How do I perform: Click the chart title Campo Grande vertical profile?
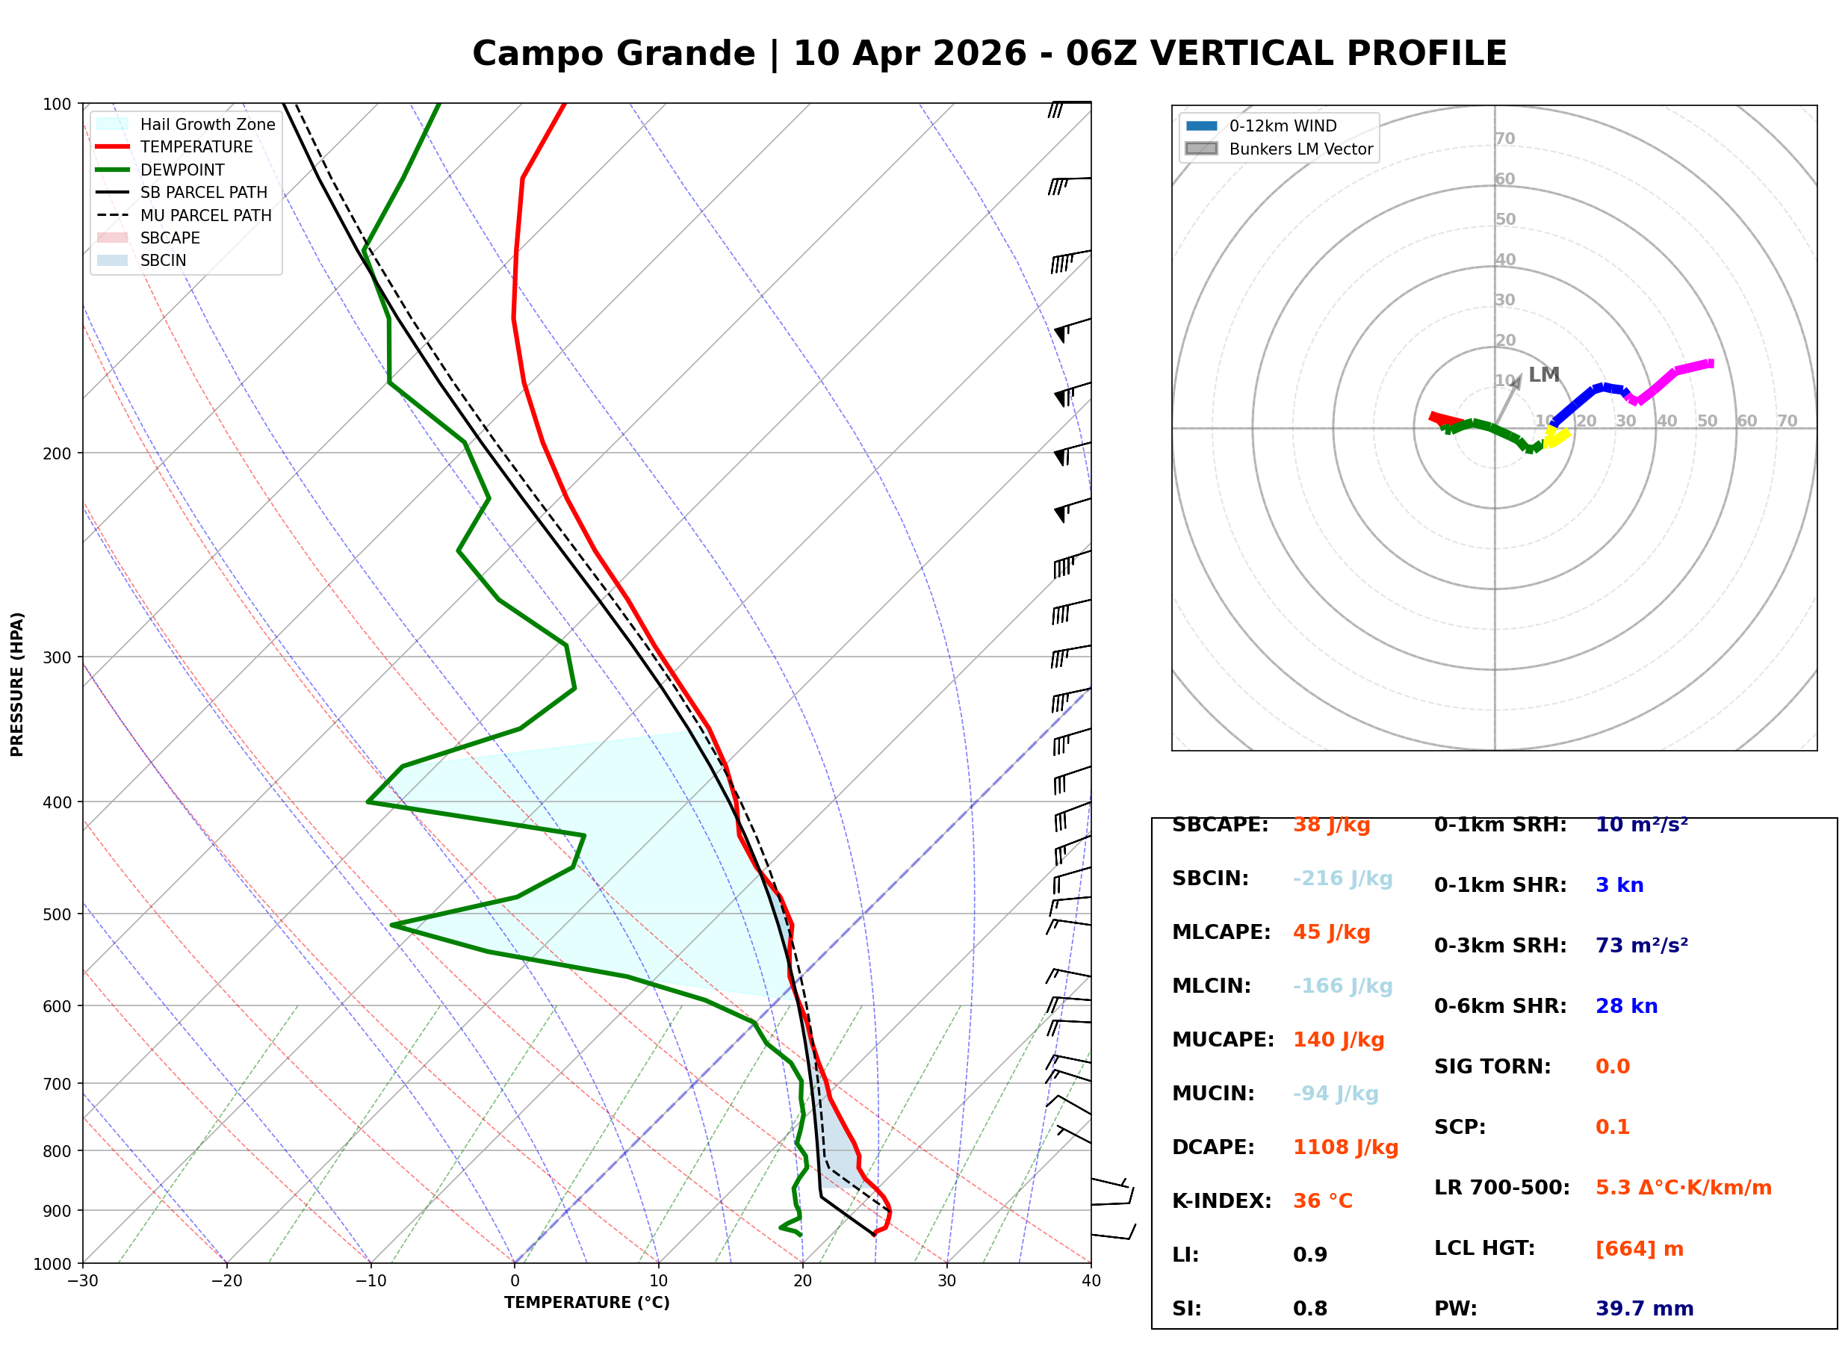click(988, 54)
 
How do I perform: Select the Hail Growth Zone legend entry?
click(207, 124)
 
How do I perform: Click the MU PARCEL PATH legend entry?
click(205, 215)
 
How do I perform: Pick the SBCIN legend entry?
click(163, 261)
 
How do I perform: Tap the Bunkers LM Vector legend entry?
click(1300, 149)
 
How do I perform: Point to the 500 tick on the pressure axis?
click(55, 914)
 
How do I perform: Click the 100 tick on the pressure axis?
click(55, 105)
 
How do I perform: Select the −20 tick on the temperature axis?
click(226, 1281)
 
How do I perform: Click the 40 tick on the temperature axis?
click(1091, 1281)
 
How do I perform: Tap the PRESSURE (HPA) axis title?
click(17, 684)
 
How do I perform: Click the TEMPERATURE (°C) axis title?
click(586, 1303)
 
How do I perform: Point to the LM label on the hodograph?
click(1543, 375)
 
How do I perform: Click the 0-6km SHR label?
click(1500, 1006)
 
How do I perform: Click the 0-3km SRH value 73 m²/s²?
click(1641, 946)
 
